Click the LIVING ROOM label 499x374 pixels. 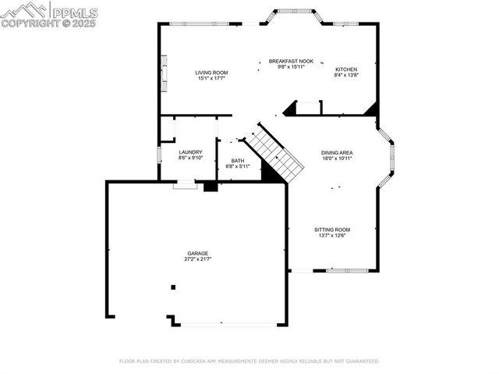(x=211, y=72)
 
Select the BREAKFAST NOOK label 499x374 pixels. (x=291, y=61)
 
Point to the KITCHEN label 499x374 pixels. (x=346, y=69)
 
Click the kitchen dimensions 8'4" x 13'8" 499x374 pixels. (x=346, y=75)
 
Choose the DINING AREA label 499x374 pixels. (x=337, y=152)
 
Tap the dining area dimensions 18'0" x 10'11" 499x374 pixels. (x=337, y=159)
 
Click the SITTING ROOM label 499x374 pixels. (x=332, y=230)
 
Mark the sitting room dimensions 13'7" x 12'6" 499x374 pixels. (x=332, y=236)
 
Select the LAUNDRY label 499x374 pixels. (x=190, y=152)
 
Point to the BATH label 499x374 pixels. (x=237, y=160)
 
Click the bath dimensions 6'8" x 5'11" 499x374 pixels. (x=237, y=166)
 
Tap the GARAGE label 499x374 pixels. (x=197, y=253)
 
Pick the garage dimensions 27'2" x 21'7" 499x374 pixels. (x=197, y=259)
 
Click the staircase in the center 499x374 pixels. (x=274, y=151)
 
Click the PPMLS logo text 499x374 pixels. (x=74, y=12)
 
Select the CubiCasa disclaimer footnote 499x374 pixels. (x=249, y=362)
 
